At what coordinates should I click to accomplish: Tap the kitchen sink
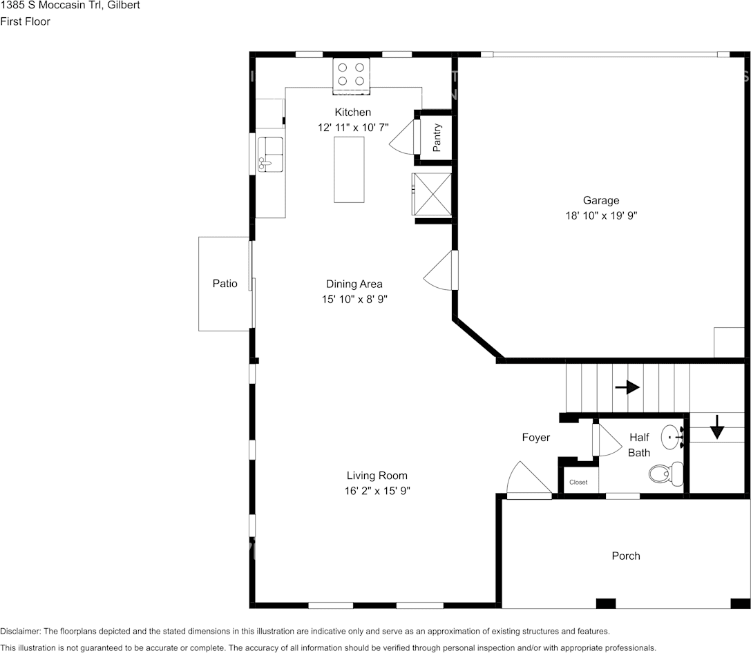(270, 154)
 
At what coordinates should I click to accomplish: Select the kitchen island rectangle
(349, 169)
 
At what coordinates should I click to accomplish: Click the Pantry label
(437, 138)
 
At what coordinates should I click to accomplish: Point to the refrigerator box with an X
(432, 194)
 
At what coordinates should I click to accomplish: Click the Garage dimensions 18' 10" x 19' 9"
(601, 216)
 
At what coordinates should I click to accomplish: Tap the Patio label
(225, 284)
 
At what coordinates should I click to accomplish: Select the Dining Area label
(354, 284)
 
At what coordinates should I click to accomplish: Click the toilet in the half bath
(666, 474)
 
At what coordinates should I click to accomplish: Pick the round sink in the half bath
(672, 437)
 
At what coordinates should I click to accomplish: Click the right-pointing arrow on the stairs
(627, 387)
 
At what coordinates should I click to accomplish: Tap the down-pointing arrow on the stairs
(716, 427)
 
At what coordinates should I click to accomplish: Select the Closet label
(578, 483)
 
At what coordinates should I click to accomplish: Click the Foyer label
(536, 437)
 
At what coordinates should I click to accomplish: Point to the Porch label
(626, 556)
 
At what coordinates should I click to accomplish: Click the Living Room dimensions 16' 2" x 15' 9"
(377, 491)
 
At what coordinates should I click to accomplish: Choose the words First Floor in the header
(26, 21)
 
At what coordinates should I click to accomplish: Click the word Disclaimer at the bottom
(20, 632)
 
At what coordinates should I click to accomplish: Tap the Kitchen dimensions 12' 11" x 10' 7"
(353, 128)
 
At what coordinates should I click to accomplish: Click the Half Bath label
(639, 445)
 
